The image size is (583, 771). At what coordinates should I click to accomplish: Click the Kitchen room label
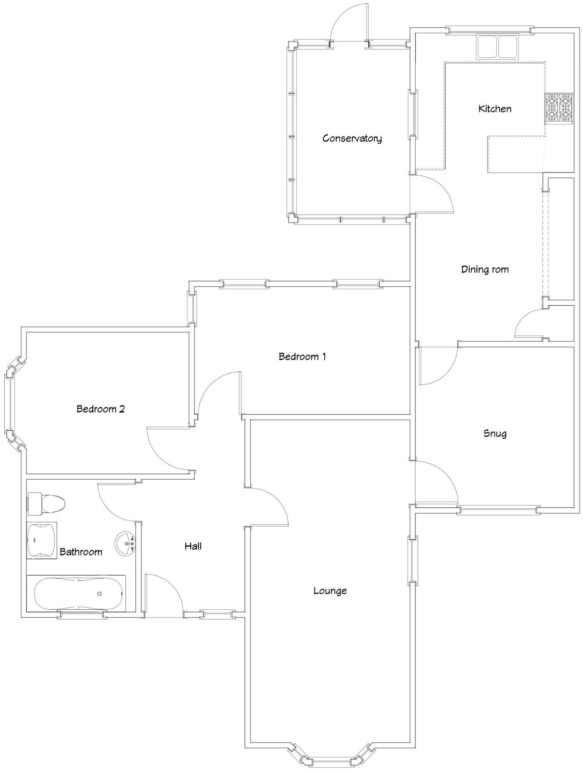point(494,109)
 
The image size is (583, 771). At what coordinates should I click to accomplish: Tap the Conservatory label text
point(352,138)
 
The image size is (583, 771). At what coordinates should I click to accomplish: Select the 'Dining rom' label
point(485,270)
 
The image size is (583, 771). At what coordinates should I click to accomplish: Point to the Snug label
point(494,433)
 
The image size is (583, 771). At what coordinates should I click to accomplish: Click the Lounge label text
point(330,591)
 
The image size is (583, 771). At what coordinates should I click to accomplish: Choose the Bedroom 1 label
point(302,357)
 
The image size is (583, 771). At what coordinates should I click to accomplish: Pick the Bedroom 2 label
point(101,409)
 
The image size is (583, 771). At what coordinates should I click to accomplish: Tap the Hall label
point(193,546)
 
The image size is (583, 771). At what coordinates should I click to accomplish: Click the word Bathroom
point(81,552)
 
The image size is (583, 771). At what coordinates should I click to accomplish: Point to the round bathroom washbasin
point(125,543)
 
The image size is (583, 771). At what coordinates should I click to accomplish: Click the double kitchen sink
point(497,46)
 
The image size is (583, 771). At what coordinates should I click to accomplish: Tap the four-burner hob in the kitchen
point(558,108)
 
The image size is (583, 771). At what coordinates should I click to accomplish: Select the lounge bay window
point(330,759)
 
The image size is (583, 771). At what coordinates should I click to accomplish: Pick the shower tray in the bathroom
point(41,540)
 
